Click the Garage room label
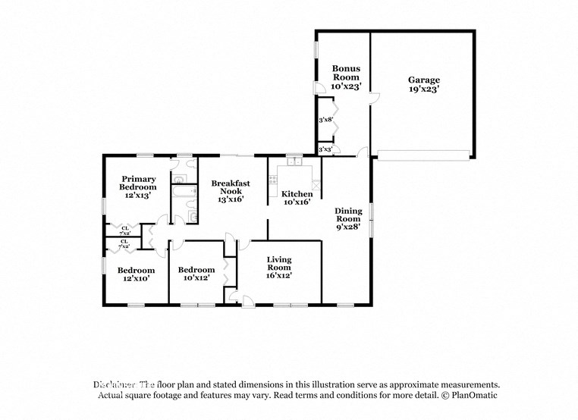423,80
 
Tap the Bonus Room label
345,73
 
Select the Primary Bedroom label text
138,183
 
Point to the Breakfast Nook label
231,187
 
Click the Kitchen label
297,194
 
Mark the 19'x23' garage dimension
423,89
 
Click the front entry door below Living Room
247,303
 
